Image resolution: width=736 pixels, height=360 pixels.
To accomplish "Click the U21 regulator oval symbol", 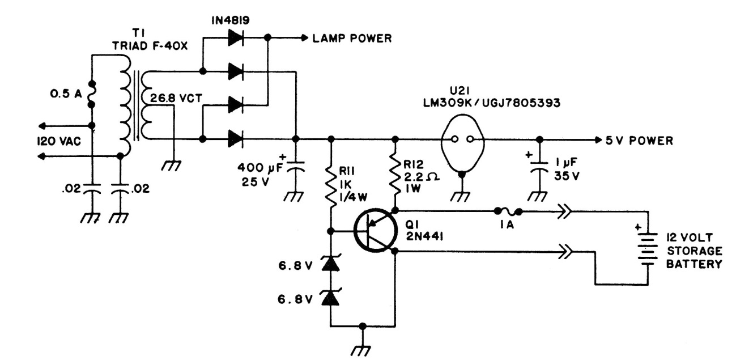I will [x=462, y=139].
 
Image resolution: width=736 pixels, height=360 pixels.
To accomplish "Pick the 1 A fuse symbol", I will [x=509, y=212].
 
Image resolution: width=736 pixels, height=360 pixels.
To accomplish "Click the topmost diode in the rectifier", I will [x=236, y=38].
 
